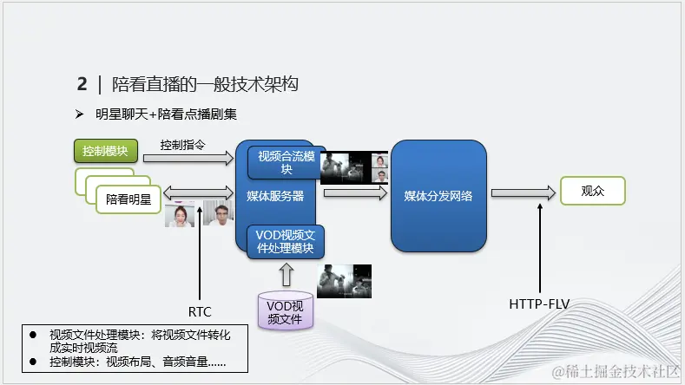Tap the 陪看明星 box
point(128,199)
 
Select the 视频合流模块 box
point(287,162)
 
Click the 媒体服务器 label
point(275,196)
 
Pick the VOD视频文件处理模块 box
point(287,241)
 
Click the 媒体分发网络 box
point(438,196)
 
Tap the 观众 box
point(592,191)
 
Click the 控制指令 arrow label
point(182,144)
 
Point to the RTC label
point(200,311)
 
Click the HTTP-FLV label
point(539,304)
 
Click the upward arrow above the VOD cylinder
point(287,274)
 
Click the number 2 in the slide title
point(82,84)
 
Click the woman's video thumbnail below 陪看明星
point(180,215)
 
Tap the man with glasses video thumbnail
point(219,214)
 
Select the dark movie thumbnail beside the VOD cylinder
point(344,282)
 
